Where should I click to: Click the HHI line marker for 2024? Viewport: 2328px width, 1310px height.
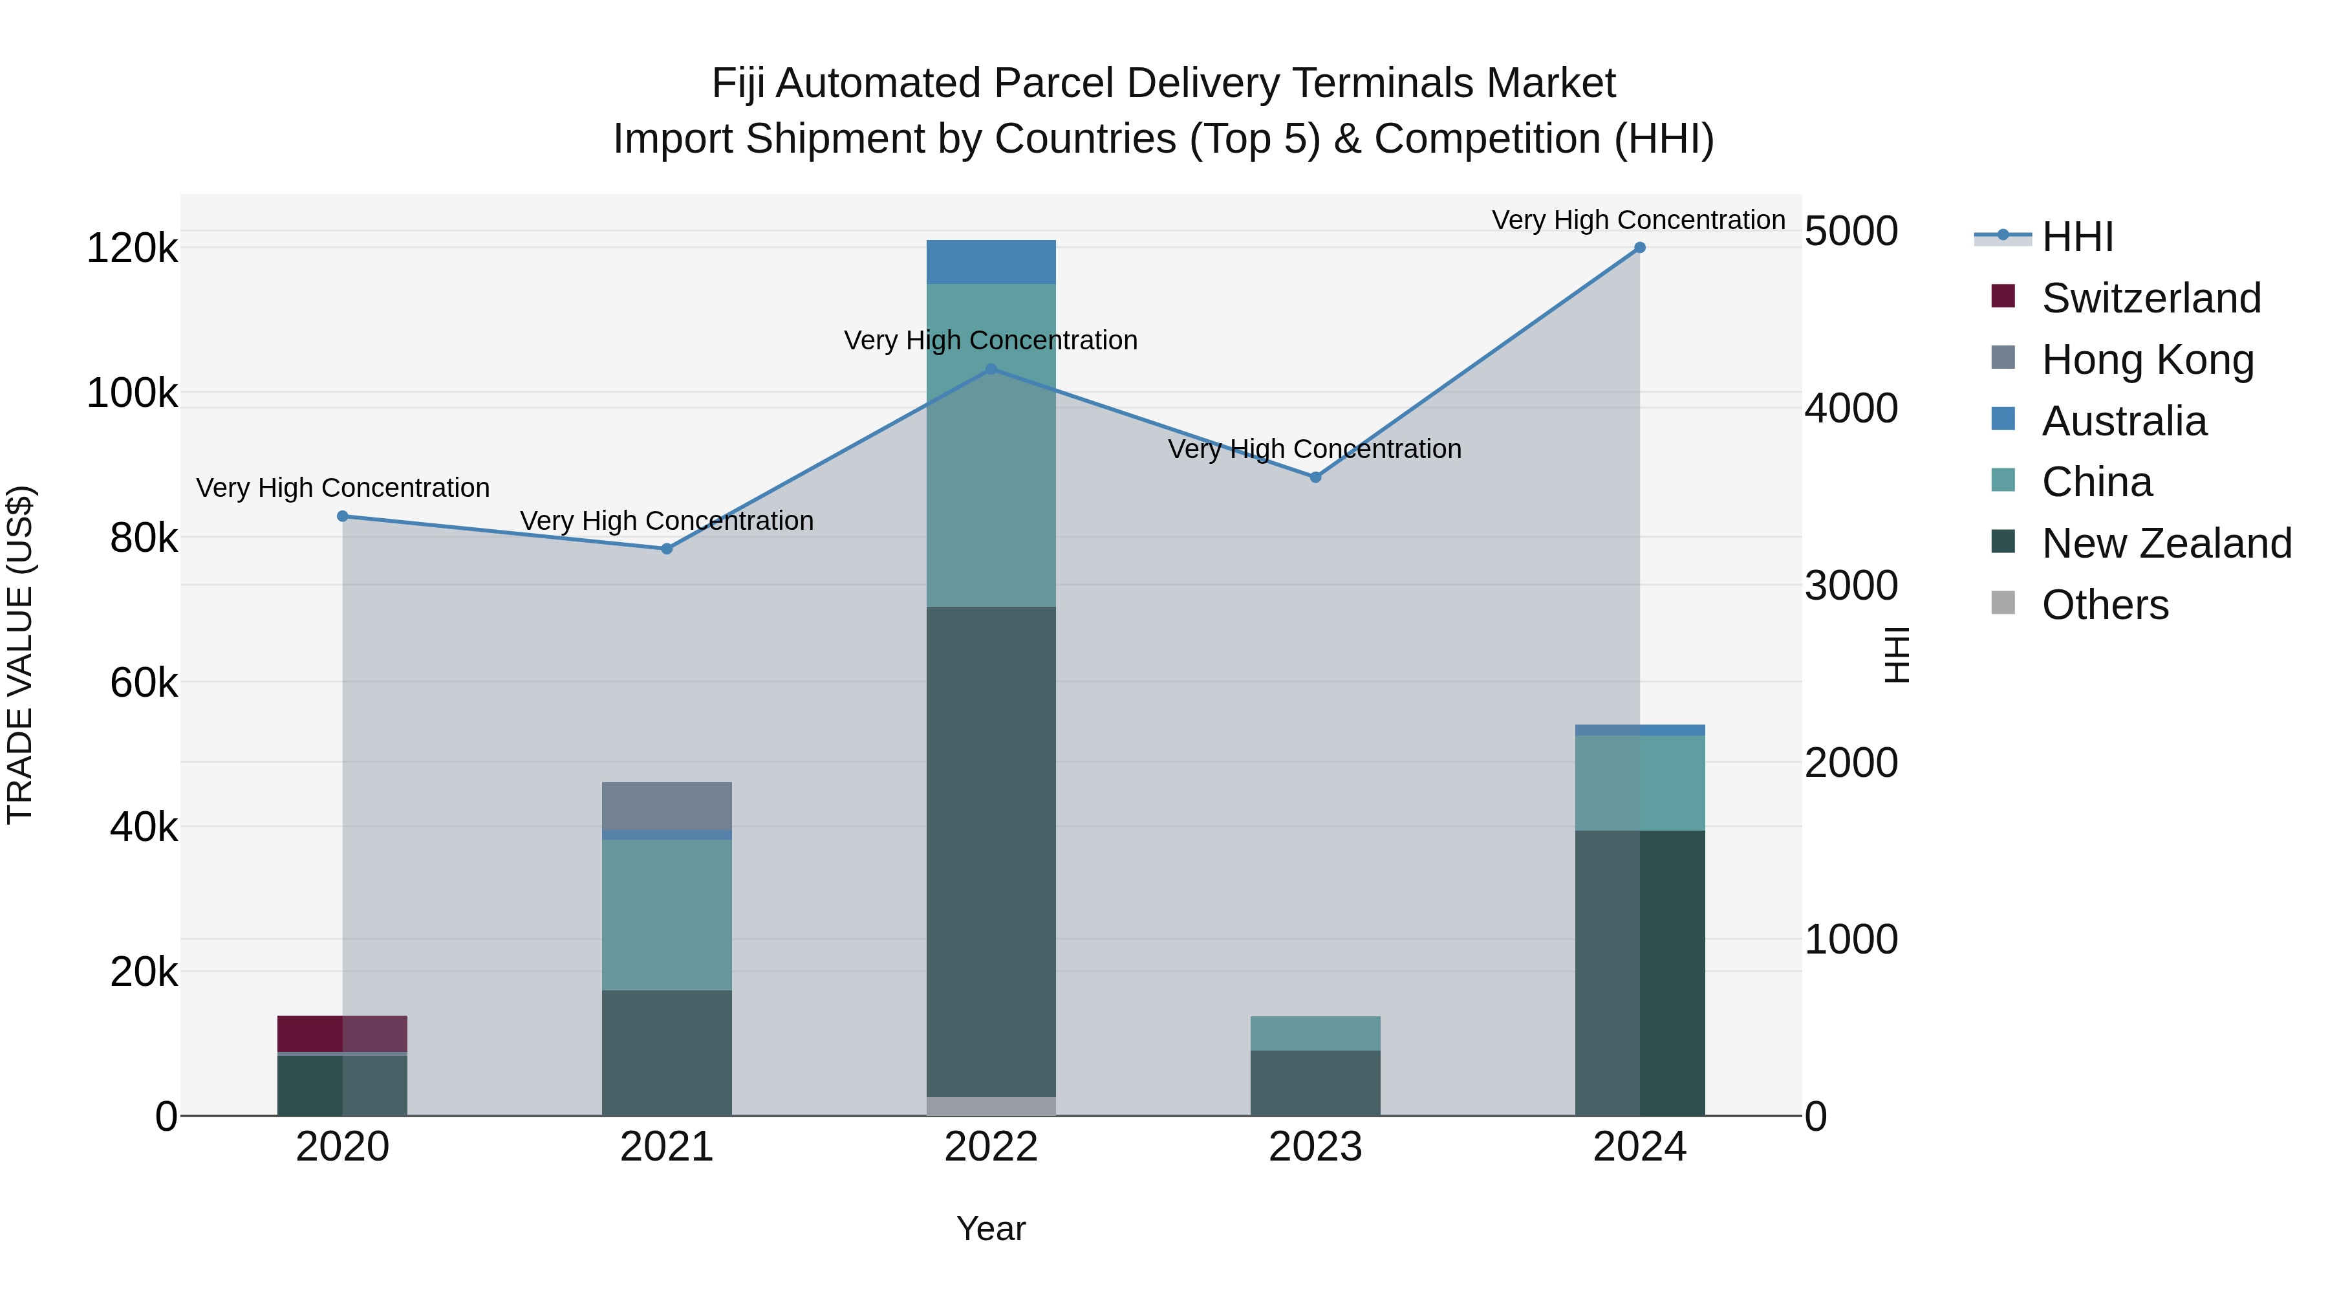click(1639, 248)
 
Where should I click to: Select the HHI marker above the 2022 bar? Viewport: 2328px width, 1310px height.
click(991, 369)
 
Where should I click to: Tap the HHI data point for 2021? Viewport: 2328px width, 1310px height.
click(667, 549)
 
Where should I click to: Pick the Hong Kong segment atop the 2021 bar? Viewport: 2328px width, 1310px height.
click(667, 805)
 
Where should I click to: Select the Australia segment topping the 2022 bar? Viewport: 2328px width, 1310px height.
click(991, 262)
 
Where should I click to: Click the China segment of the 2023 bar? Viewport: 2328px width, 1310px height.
click(1315, 1033)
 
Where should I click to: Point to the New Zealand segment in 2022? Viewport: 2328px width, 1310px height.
click(991, 850)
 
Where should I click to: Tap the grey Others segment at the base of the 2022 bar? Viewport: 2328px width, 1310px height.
click(991, 1106)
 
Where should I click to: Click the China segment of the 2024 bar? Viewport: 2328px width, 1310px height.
click(1639, 783)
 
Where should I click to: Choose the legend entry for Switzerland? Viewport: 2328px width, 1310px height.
click(2150, 298)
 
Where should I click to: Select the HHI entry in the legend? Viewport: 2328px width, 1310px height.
click(2076, 237)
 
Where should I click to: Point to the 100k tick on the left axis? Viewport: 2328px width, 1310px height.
click(132, 393)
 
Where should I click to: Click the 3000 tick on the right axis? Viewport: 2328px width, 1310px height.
click(1851, 586)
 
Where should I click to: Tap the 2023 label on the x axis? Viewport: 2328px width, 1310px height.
click(1315, 1147)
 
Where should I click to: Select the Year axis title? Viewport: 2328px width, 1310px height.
click(991, 1228)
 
